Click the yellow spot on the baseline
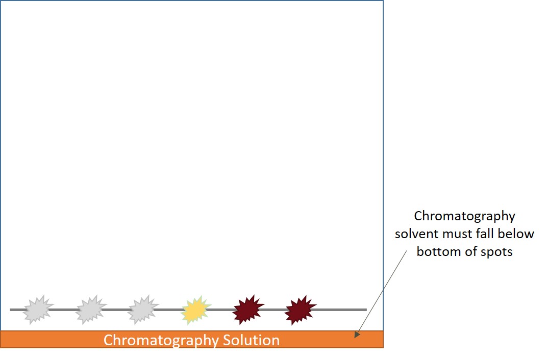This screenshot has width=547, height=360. [x=196, y=310]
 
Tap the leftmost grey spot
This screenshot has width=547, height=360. [x=38, y=310]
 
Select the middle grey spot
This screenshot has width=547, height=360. [x=91, y=310]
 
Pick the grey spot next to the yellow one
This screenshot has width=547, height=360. [x=143, y=310]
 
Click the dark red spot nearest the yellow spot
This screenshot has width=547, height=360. [x=247, y=310]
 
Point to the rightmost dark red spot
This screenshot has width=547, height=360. [x=300, y=310]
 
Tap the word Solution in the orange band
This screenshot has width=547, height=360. [x=251, y=340]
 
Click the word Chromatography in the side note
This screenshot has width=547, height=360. [x=464, y=216]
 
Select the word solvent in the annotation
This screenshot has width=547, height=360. [x=416, y=234]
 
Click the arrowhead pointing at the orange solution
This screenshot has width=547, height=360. [x=357, y=335]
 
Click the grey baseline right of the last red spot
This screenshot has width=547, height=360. [x=341, y=310]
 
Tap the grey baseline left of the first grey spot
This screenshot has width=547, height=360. [x=17, y=310]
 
